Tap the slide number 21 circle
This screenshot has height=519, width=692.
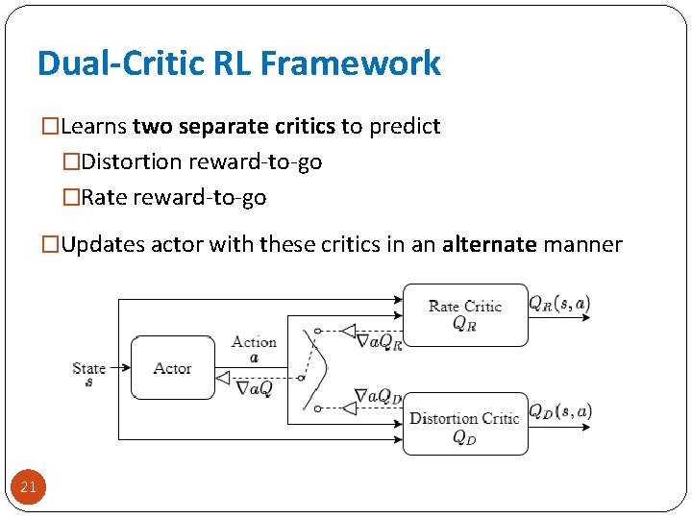click(28, 487)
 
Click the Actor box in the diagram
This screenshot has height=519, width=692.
click(172, 368)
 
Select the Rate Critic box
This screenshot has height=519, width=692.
click(465, 314)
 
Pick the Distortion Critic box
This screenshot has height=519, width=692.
click(465, 424)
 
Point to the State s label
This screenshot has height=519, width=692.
click(88, 373)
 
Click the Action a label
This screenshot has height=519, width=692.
click(254, 348)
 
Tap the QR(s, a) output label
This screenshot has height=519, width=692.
click(560, 304)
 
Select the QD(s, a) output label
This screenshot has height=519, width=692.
click(560, 412)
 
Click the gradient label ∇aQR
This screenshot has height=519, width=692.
click(379, 340)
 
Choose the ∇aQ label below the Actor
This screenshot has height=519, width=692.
click(255, 387)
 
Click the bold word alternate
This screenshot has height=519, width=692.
click(490, 244)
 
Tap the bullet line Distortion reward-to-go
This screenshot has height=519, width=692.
click(202, 161)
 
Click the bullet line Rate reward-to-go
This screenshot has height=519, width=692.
click(174, 197)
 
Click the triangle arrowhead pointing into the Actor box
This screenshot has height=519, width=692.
click(223, 379)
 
